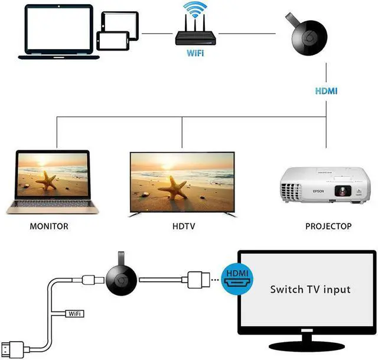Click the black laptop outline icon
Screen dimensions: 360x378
(x=51, y=33)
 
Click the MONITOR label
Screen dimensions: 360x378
(x=48, y=226)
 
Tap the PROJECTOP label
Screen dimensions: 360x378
(x=328, y=226)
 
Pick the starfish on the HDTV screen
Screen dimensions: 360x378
(x=176, y=186)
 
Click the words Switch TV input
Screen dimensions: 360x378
(x=310, y=290)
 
